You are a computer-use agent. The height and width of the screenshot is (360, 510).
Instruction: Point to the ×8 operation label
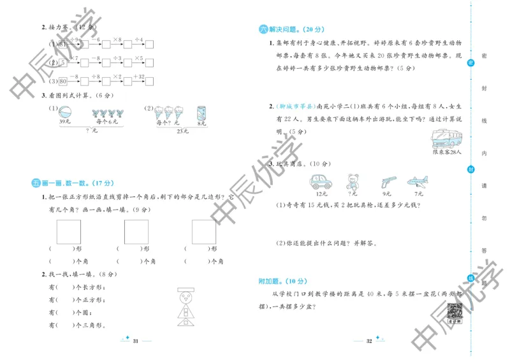pyautogui.click(x=117, y=40)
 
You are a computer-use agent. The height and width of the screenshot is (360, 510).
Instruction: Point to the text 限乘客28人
pyautogui.click(x=446, y=152)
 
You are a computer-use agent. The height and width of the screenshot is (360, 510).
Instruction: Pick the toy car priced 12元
pyautogui.click(x=321, y=182)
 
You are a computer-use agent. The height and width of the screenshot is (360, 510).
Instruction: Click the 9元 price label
pyautogui.click(x=387, y=193)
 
